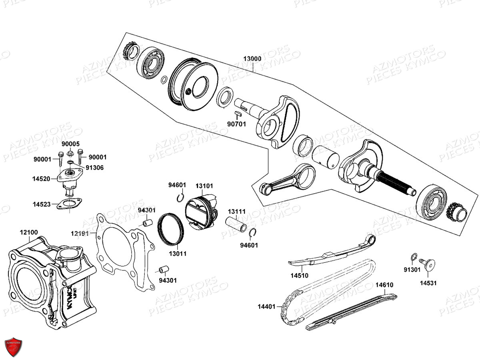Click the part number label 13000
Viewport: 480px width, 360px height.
coord(252,59)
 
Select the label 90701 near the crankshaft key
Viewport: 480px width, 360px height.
coord(238,124)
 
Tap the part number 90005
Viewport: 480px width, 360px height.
coord(70,144)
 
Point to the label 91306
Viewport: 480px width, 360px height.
coord(94,168)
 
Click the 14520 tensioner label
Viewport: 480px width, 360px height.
coord(41,179)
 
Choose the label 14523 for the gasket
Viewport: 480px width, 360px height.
coord(42,204)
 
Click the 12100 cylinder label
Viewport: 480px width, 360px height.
coord(29,232)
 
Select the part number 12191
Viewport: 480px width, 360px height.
coord(80,233)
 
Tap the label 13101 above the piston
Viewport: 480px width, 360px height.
coord(204,186)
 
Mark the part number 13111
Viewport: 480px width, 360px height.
coord(237,211)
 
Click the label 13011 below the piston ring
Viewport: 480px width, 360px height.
coord(177,254)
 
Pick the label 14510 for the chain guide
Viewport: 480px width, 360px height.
coord(299,276)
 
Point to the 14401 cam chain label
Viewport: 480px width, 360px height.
coord(266,307)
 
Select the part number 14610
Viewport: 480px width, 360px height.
coord(384,285)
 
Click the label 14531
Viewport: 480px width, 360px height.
coord(428,283)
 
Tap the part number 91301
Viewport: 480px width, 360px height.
coord(412,270)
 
